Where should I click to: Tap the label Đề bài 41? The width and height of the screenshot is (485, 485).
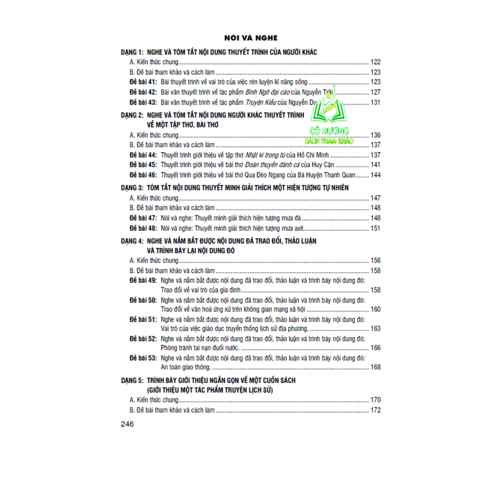[143, 82]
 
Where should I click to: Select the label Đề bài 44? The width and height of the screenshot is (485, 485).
[143, 154]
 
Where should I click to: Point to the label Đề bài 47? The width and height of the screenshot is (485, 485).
[143, 217]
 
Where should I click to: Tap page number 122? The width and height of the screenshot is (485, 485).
[375, 62]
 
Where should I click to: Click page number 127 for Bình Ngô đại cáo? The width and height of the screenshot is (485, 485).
[375, 92]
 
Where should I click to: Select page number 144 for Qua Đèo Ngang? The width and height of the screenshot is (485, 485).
[375, 175]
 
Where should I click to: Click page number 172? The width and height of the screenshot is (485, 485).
[375, 410]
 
